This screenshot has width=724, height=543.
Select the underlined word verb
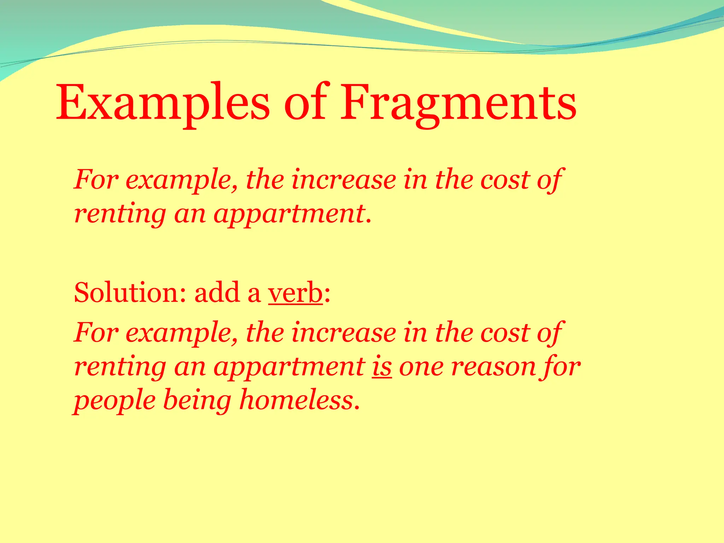click(x=295, y=293)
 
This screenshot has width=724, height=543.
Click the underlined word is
click(x=381, y=367)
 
